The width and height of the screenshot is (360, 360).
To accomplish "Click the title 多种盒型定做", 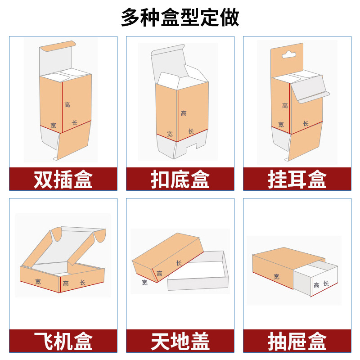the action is [x=180, y=18].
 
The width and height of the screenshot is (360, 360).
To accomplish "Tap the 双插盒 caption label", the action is [x=63, y=180].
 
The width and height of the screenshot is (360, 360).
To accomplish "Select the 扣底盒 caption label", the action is [x=180, y=180].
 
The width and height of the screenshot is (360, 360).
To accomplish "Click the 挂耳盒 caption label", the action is [x=297, y=180].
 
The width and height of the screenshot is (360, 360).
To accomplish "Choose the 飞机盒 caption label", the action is [x=63, y=341].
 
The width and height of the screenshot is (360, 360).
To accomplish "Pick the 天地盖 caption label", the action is [x=180, y=341].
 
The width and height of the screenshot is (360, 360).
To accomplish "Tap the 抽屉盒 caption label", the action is [x=297, y=341].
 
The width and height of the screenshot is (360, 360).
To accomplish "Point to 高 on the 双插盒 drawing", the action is [x=67, y=105].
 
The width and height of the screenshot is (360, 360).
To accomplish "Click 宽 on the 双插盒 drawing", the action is [x=53, y=125].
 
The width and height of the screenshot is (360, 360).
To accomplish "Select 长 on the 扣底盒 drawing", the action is [x=191, y=131].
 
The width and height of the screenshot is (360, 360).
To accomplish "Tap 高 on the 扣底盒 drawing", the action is [x=184, y=113].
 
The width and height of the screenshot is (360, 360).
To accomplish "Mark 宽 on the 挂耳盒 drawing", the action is [x=281, y=125].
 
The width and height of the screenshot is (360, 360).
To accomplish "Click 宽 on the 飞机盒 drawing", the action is [x=38, y=281].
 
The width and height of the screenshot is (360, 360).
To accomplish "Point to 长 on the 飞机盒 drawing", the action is [x=82, y=282].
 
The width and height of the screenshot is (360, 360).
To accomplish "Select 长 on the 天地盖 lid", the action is [x=179, y=263].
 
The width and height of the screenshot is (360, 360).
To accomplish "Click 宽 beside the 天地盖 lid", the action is [x=144, y=283].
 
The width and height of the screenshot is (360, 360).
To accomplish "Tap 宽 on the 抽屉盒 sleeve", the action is [x=276, y=277].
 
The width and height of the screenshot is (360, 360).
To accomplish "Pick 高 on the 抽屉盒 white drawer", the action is [x=316, y=285].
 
